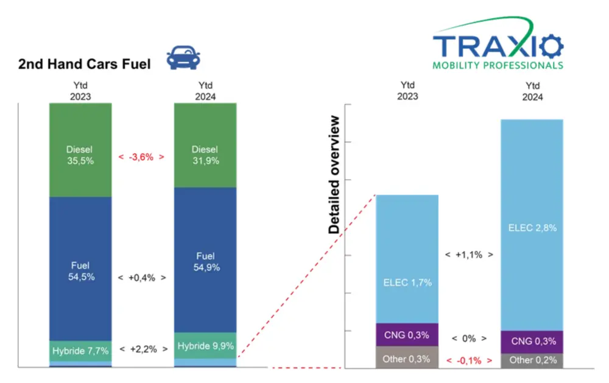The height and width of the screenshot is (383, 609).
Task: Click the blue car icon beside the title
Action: tap(183, 58)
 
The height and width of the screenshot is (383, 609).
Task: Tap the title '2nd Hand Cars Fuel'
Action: tap(84, 63)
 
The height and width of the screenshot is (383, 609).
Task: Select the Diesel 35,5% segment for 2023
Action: tap(80, 155)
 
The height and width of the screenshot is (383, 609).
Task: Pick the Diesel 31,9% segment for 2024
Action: tap(205, 155)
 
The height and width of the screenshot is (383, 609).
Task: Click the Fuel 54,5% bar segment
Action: tap(80, 270)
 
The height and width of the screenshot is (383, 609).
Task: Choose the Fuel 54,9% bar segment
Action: tap(205, 262)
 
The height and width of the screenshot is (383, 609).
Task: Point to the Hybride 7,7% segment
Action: tap(80, 351)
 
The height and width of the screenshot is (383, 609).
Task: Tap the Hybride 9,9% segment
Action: tap(205, 346)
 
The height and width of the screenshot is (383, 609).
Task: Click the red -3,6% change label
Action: tap(141, 156)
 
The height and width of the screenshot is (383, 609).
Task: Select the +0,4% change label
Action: tap(143, 277)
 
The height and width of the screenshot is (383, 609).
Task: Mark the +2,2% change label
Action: tap(143, 350)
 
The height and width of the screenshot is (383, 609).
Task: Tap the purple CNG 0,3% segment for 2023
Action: tap(407, 335)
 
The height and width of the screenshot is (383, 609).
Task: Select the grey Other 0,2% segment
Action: tap(532, 360)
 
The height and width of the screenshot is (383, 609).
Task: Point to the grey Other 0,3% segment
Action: tap(407, 358)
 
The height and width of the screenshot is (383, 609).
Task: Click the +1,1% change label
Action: tap(468, 255)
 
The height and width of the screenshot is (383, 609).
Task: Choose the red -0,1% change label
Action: tap(468, 360)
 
